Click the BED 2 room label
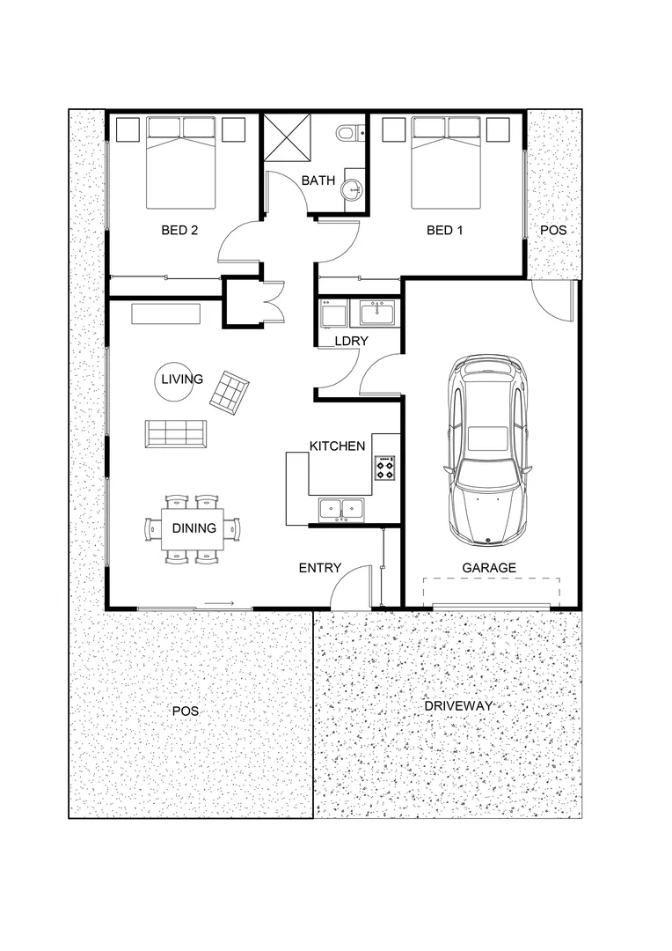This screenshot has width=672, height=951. point(179,231)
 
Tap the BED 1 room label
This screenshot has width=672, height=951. point(444,231)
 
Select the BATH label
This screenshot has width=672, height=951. point(318,181)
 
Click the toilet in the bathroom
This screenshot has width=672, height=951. point(349,133)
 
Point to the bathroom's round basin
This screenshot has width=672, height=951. point(354,188)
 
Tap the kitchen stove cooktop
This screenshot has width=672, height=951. point(385,468)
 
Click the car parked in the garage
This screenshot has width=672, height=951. point(490,449)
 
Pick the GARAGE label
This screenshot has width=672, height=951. point(489,568)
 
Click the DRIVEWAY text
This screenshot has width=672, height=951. point(457,706)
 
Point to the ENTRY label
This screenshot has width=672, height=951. point(319,568)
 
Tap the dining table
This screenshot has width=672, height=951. point(194,528)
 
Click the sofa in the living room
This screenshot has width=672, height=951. point(176,432)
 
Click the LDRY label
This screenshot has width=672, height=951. point(350,342)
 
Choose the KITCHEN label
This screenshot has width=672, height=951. point(337,446)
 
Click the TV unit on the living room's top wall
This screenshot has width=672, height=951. point(166,313)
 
